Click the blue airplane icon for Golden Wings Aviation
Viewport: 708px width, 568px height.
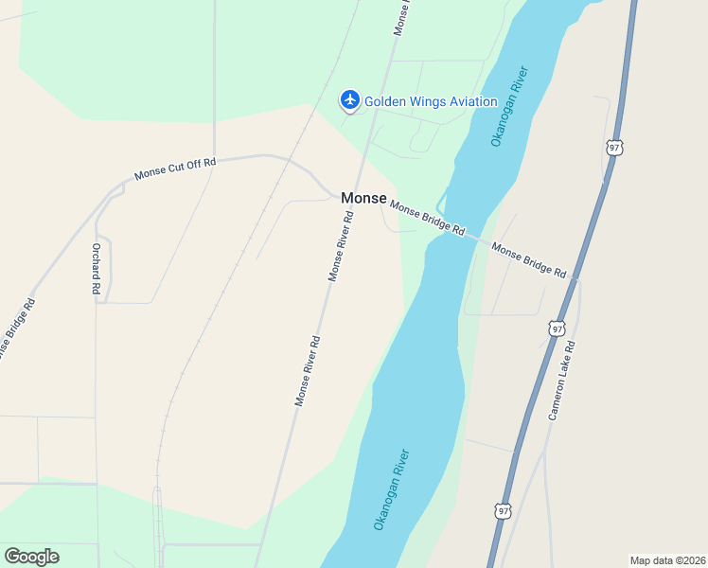pyautogui.click(x=350, y=99)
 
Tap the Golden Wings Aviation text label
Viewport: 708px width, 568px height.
pyautogui.click(x=431, y=102)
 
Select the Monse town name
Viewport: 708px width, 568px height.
pyautogui.click(x=363, y=198)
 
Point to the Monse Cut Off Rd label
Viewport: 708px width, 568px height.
pyautogui.click(x=175, y=169)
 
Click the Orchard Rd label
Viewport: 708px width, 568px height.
pyautogui.click(x=96, y=269)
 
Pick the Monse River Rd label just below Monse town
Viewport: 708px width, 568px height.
pyautogui.click(x=341, y=245)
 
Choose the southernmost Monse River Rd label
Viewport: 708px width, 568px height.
pyautogui.click(x=307, y=371)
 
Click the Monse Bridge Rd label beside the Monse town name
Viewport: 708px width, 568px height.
pyautogui.click(x=428, y=218)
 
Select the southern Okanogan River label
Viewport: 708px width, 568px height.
pyautogui.click(x=391, y=489)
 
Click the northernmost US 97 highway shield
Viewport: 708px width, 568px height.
pyautogui.click(x=614, y=148)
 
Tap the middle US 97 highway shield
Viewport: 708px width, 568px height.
pyautogui.click(x=557, y=328)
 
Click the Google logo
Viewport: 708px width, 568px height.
pyautogui.click(x=31, y=556)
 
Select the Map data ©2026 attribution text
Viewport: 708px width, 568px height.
pyautogui.click(x=667, y=559)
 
